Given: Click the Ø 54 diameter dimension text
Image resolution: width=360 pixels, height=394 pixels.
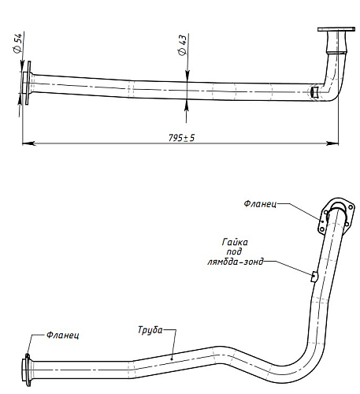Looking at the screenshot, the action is [x=17, y=43].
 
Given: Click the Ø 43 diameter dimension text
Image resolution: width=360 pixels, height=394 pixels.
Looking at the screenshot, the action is [x=182, y=45].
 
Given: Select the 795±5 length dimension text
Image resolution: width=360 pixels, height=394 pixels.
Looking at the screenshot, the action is [x=181, y=138].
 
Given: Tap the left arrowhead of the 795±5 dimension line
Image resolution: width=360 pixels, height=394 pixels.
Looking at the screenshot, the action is [x=28, y=143].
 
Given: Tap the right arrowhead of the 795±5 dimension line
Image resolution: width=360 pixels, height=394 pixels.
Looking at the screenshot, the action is [x=332, y=143].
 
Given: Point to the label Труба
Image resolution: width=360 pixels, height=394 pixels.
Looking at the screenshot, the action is [x=150, y=330].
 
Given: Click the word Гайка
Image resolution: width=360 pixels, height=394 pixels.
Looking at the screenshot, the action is [x=235, y=242].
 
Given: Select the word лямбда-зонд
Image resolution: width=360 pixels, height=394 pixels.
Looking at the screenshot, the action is [x=236, y=262].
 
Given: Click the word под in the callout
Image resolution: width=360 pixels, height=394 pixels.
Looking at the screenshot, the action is [x=234, y=251].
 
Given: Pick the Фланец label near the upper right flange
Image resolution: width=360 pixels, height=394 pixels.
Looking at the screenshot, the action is [x=260, y=204].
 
